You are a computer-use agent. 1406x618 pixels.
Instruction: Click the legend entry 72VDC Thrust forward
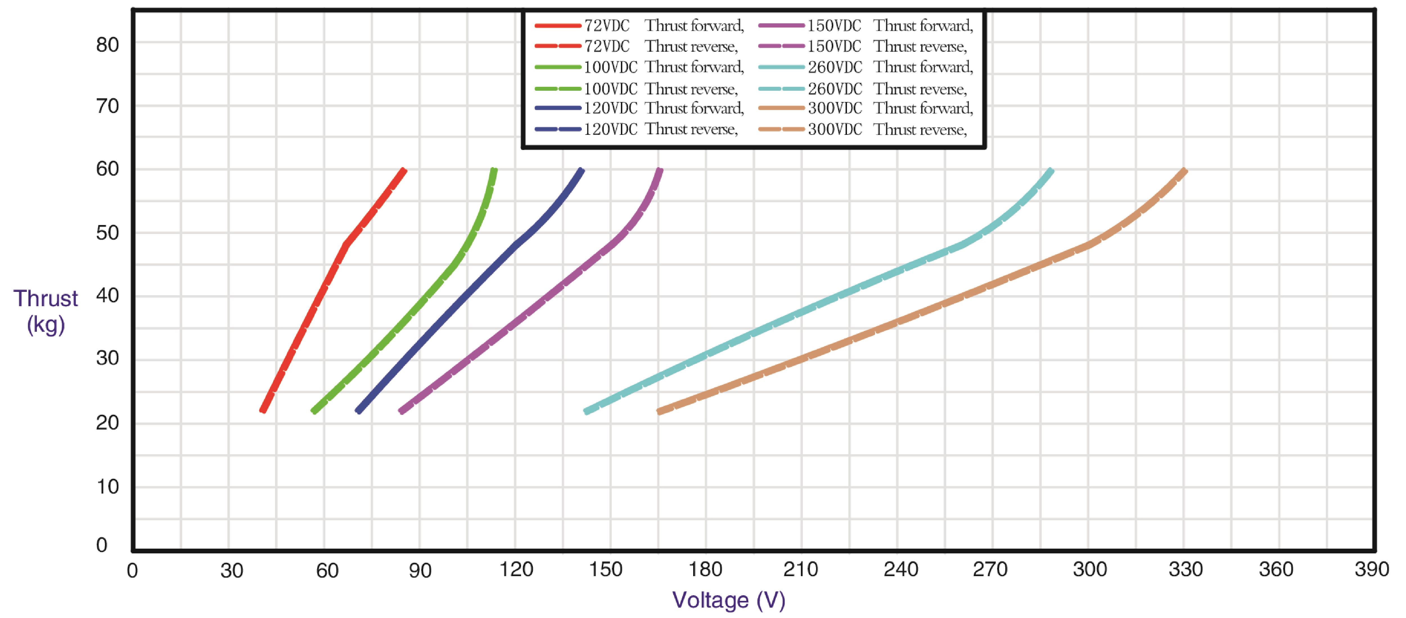point(639,26)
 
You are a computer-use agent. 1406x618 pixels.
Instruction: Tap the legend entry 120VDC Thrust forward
point(639,108)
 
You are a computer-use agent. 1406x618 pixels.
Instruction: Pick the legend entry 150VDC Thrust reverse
point(862,46)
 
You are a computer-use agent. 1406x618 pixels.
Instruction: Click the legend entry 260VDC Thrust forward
point(865,67)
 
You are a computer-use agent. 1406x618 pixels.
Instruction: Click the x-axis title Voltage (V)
point(729,600)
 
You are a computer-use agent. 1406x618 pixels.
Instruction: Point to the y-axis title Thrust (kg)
point(46,311)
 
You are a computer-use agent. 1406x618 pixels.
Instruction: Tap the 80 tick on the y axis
point(107,45)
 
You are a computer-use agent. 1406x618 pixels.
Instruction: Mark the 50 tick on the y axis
point(107,233)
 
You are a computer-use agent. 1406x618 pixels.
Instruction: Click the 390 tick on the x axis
point(1371,570)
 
